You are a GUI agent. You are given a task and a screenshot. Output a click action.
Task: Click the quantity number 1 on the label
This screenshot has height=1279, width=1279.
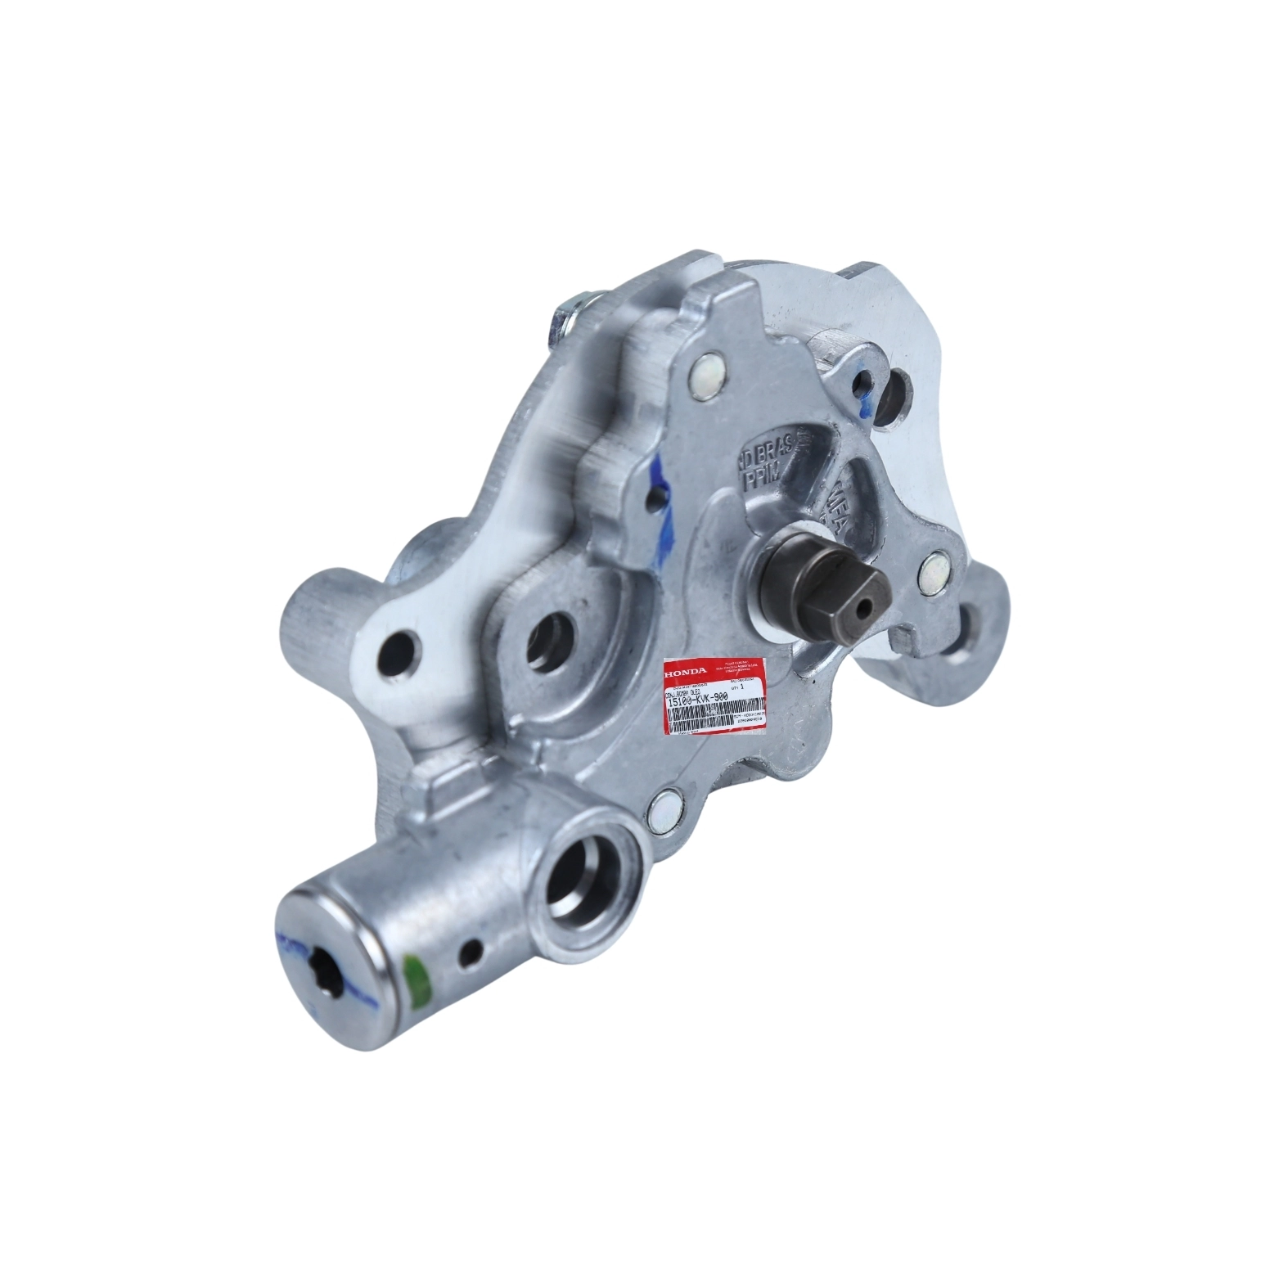741,688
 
